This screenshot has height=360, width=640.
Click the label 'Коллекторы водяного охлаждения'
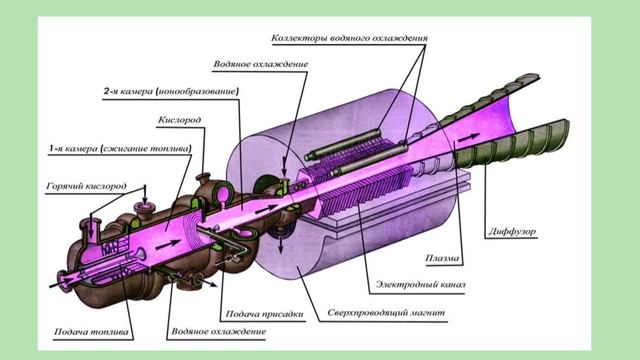349,38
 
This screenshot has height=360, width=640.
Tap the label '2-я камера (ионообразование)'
171,91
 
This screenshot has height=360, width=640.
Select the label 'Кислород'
180,120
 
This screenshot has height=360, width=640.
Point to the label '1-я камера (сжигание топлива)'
120,149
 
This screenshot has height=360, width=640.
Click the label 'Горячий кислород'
87,186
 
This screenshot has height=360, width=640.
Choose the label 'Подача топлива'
91,332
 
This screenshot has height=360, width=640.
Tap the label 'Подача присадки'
264,314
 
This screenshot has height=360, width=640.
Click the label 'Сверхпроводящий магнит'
386,313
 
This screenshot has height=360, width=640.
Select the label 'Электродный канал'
420,284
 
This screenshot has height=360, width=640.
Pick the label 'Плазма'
442,258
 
